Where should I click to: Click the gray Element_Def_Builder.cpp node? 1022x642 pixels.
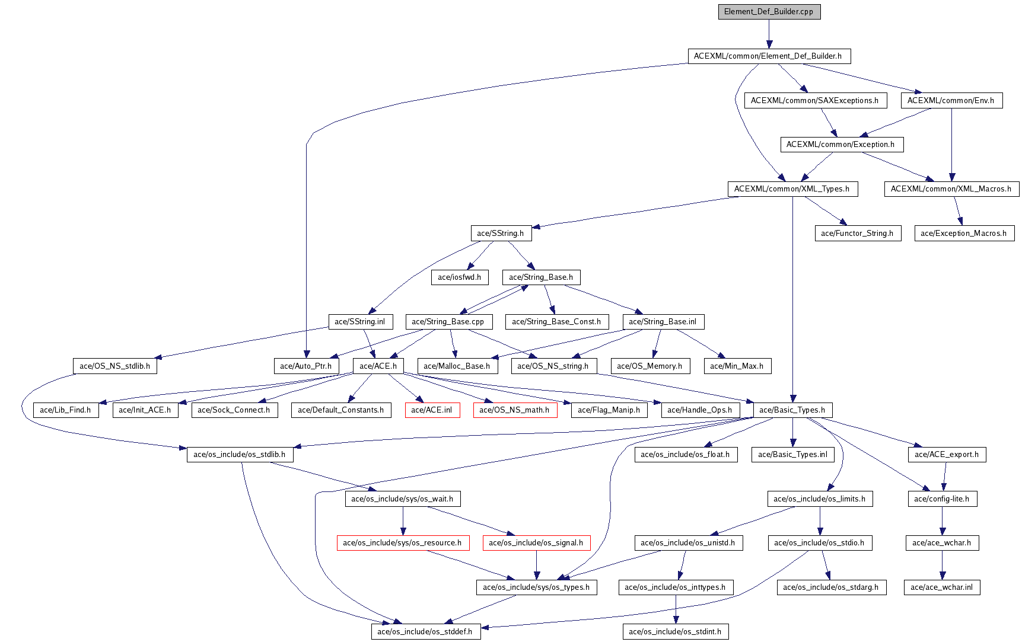pyautogui.click(x=769, y=12)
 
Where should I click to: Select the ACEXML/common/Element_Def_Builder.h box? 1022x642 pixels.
pyautogui.click(x=768, y=56)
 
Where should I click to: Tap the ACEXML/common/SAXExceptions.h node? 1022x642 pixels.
pyautogui.click(x=815, y=101)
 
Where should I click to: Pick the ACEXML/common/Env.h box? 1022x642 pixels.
pyautogui.click(x=951, y=101)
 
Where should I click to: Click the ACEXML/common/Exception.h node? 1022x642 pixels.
pyautogui.click(x=840, y=145)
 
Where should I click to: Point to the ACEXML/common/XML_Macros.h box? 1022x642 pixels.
pyautogui.click(x=951, y=189)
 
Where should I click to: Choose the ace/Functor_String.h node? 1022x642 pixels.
pyautogui.click(x=857, y=234)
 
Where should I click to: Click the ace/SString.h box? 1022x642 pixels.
pyautogui.click(x=501, y=234)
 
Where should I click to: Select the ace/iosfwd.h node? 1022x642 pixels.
pyautogui.click(x=460, y=277)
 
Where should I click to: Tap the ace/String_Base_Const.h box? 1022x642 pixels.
pyautogui.click(x=556, y=322)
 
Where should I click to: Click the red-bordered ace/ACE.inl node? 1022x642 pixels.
pyautogui.click(x=432, y=410)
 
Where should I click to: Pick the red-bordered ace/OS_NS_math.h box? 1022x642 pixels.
pyautogui.click(x=514, y=410)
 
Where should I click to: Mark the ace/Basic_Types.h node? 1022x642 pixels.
pyautogui.click(x=792, y=410)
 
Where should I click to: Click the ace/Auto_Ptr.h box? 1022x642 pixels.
pyautogui.click(x=306, y=366)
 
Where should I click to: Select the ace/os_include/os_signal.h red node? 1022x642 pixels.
pyautogui.click(x=536, y=543)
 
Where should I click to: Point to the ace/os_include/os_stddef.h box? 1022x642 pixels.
pyautogui.click(x=425, y=632)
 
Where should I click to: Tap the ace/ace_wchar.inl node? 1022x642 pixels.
pyautogui.click(x=942, y=587)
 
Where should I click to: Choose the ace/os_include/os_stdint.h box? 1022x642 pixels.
pyautogui.click(x=675, y=632)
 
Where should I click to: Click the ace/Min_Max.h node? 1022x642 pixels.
pyautogui.click(x=737, y=366)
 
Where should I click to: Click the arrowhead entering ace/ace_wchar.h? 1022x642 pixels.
pyautogui.click(x=942, y=532)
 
